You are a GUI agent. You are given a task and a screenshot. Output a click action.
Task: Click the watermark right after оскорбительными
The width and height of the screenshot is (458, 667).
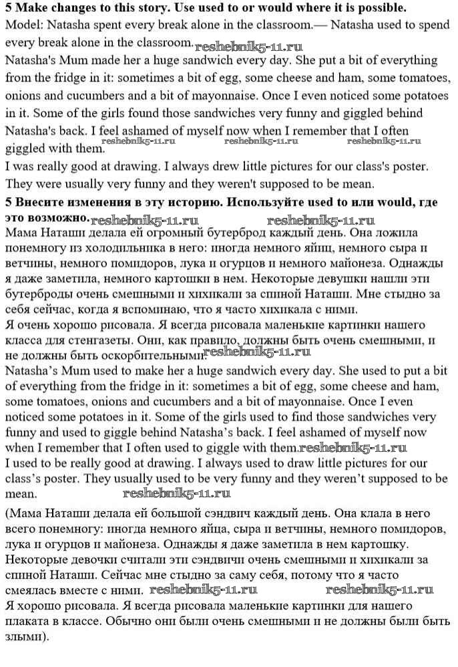click(x=256, y=352)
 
